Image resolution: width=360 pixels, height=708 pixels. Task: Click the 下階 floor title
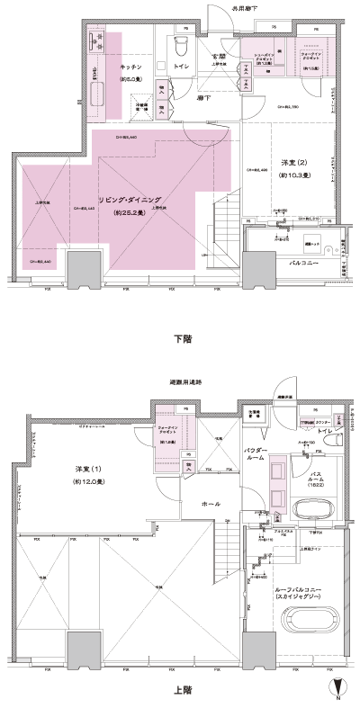click(x=181, y=339)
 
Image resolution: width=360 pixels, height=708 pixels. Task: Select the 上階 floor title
click(x=181, y=691)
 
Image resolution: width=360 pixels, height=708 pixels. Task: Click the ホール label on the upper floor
click(x=211, y=504)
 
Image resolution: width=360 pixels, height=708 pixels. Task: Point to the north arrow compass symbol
click(x=337, y=692)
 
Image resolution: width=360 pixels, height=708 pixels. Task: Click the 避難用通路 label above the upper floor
click(x=186, y=382)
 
